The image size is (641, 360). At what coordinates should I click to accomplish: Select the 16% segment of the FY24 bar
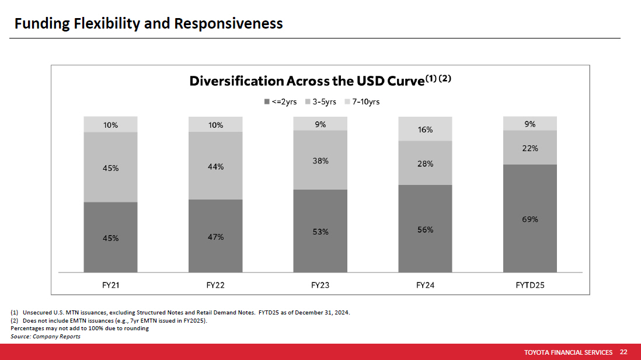click(x=425, y=129)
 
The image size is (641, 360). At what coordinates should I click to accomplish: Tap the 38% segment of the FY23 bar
click(x=320, y=160)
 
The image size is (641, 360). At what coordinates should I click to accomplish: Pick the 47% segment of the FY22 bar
click(x=215, y=236)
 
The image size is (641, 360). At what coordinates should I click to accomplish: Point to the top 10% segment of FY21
click(x=111, y=124)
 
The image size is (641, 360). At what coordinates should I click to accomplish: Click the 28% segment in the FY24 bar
click(x=425, y=163)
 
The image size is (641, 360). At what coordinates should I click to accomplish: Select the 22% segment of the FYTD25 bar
click(x=529, y=148)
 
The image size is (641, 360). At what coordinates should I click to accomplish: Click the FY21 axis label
click(x=111, y=285)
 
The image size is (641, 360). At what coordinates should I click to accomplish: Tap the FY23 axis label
click(x=320, y=285)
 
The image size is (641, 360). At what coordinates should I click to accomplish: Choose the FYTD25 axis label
click(x=529, y=285)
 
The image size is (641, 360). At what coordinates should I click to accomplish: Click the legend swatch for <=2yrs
click(x=267, y=102)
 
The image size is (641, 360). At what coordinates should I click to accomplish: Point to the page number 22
click(x=623, y=352)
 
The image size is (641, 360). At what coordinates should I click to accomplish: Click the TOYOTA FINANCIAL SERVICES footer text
click(x=568, y=352)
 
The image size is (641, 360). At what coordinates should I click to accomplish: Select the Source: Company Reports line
click(x=46, y=337)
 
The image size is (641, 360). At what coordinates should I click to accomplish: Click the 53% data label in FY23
click(x=320, y=231)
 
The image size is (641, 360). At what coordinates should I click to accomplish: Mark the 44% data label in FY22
click(x=215, y=166)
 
